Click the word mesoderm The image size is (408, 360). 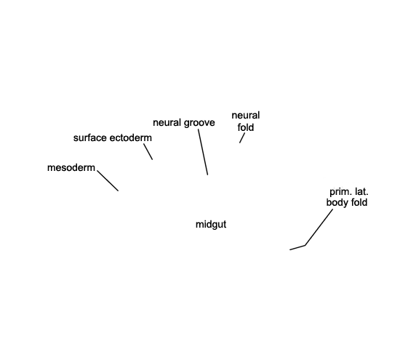(x=71, y=168)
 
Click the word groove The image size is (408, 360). (x=199, y=123)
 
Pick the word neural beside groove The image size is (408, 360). (x=167, y=122)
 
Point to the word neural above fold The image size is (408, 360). (x=246, y=115)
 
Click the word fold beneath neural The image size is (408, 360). (x=246, y=127)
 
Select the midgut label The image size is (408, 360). (x=211, y=224)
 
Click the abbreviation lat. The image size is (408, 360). (x=361, y=192)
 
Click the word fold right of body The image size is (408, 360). (x=359, y=202)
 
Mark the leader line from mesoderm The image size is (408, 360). (x=108, y=181)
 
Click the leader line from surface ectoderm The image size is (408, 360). (x=148, y=152)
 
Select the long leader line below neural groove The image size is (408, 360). (x=203, y=152)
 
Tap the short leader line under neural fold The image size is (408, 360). (x=242, y=138)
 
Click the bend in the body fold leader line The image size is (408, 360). (x=305, y=245)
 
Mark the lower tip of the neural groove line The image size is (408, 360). (x=208, y=175)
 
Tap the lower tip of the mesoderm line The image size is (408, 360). (x=119, y=191)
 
